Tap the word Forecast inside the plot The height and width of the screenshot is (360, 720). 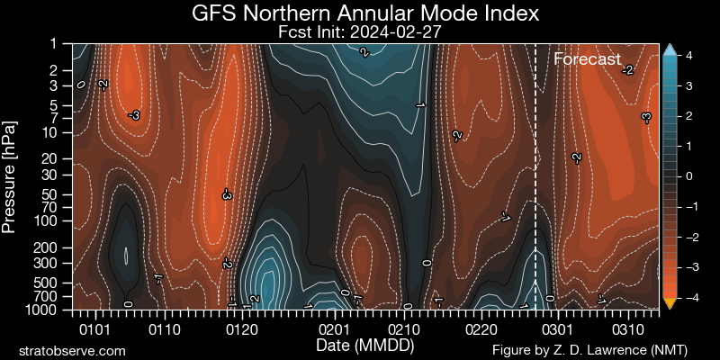587,60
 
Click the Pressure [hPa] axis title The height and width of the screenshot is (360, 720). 11,176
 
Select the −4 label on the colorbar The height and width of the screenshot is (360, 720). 684,297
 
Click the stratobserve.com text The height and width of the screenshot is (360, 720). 72,349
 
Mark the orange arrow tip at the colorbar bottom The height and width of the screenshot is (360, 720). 669,304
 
